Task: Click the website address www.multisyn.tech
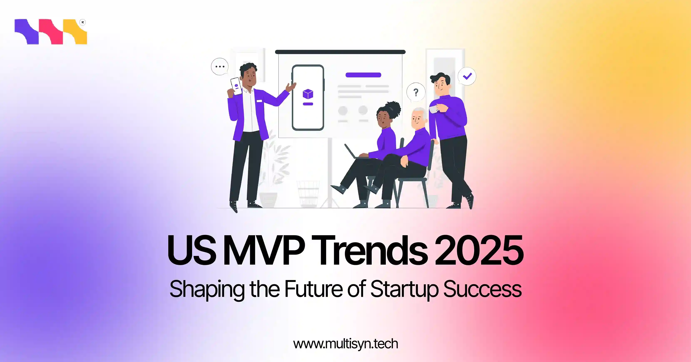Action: [345, 344]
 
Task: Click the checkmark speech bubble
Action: [467, 76]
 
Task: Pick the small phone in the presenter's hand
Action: [236, 86]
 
